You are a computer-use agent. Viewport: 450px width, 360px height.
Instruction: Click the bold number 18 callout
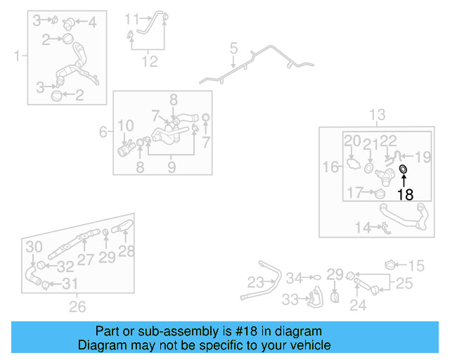point(405,195)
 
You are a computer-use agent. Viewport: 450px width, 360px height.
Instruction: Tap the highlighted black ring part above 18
point(404,169)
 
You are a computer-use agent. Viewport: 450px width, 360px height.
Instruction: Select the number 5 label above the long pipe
point(234,49)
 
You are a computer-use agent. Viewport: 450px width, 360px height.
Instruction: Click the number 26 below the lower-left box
point(77,306)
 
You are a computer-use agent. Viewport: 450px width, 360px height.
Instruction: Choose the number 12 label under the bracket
point(149,62)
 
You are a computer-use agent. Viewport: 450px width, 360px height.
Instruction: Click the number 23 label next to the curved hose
point(256,283)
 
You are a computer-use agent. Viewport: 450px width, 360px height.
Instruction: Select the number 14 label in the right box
point(363,227)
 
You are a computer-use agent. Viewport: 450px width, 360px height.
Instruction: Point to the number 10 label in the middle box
point(125,127)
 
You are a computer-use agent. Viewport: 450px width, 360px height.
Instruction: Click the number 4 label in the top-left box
point(91,22)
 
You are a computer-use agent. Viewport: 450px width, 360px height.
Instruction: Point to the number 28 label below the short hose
point(126,251)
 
